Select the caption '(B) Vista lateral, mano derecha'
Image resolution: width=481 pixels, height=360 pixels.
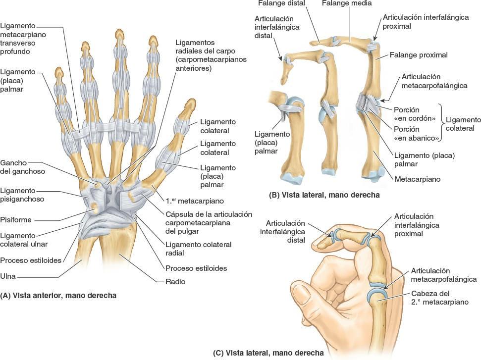[x=324, y=195]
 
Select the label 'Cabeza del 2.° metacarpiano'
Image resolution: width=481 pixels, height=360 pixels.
[x=439, y=298]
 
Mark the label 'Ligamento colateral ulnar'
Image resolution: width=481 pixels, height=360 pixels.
[x=20, y=240]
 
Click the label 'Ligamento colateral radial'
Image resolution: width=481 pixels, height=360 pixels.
[x=199, y=249]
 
